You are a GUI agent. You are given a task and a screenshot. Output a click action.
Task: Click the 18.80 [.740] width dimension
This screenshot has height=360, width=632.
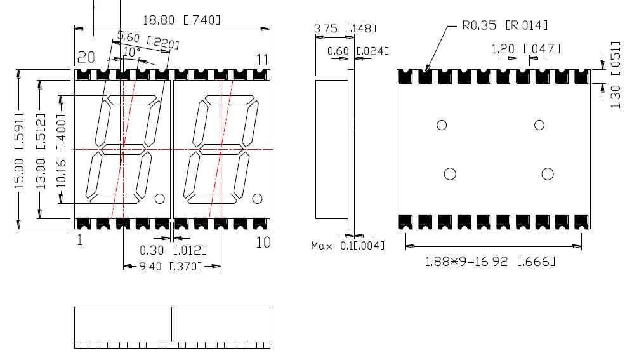point(181,20)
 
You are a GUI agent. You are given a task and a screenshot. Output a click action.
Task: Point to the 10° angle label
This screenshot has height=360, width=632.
point(131,51)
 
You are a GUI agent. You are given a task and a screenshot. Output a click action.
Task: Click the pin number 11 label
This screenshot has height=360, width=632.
point(263,60)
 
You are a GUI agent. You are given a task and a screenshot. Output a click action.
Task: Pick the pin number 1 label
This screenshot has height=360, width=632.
point(79,241)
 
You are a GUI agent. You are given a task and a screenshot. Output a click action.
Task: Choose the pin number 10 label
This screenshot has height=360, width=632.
point(263,242)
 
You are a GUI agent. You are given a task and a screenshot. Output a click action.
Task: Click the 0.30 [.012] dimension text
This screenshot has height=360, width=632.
point(164,251)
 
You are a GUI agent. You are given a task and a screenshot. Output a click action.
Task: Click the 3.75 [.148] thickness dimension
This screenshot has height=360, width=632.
point(345,29)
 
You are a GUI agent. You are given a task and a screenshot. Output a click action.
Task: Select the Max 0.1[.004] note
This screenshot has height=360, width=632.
point(348,245)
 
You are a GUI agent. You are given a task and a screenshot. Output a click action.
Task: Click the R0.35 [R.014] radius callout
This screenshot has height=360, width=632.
point(504,25)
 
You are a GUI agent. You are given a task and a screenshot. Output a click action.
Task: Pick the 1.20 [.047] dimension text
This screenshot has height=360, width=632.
point(526,48)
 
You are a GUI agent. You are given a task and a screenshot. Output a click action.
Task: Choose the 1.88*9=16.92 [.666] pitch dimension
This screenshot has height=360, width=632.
point(490,261)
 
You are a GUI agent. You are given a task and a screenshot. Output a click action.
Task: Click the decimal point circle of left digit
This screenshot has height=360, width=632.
point(161,198)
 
